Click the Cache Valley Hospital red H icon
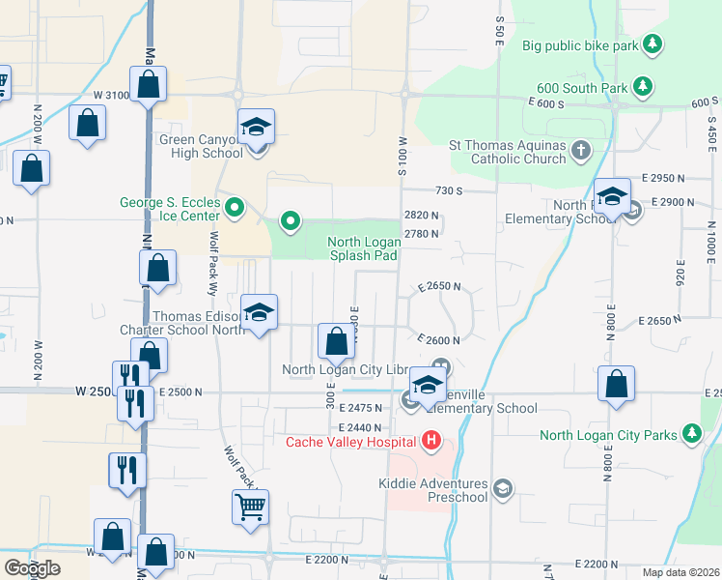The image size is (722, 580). tap(430, 443)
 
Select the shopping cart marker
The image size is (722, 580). tap(250, 506)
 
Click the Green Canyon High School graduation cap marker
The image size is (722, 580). tap(257, 126)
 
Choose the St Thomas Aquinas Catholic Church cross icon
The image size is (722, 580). tap(580, 150)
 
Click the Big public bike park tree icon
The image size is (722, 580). tap(653, 44)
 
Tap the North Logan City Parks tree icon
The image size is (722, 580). tap(691, 434)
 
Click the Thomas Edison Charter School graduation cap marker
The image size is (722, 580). tap(258, 311)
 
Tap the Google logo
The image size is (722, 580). tap(31, 568)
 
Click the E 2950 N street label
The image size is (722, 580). tap(668, 179)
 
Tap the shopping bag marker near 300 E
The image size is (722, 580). tap(336, 340)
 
